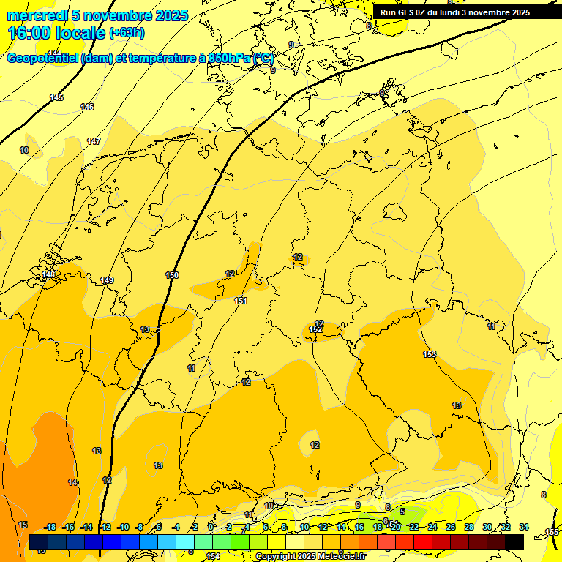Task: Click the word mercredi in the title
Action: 37,15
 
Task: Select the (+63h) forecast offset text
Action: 127,33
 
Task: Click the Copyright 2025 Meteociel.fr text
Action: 311,556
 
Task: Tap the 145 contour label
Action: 56,97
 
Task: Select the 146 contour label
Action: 87,107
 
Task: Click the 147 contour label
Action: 94,141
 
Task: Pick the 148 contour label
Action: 48,274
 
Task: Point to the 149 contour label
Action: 107,280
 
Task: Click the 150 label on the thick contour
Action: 172,275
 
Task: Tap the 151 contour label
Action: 240,301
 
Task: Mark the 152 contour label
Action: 316,330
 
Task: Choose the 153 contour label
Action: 430,354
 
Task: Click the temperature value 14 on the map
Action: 72,482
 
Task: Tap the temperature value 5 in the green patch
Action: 402,512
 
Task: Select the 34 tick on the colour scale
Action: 523,527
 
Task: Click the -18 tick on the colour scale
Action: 50,527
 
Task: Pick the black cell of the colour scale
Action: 514,542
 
